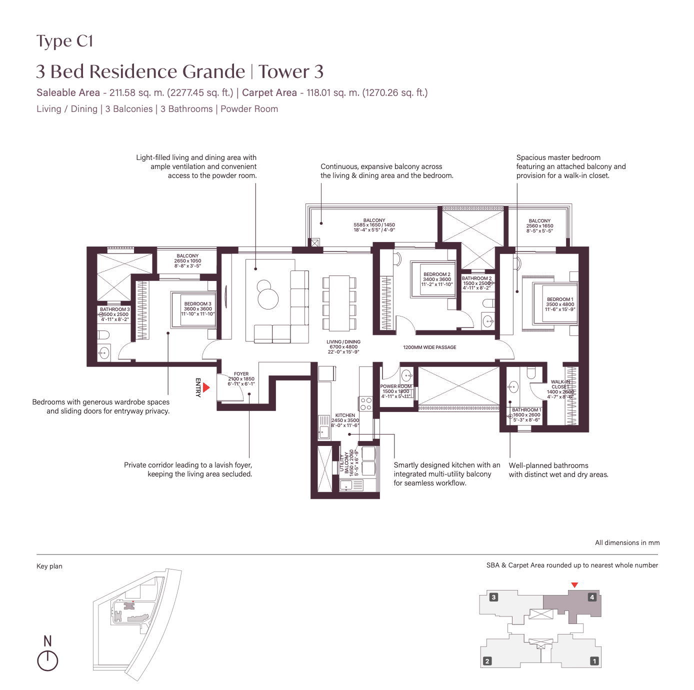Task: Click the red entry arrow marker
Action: tap(206, 387)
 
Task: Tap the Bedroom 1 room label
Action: tap(560, 304)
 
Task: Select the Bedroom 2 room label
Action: tap(436, 279)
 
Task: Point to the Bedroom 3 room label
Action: tap(197, 308)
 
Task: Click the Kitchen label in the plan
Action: tap(345, 420)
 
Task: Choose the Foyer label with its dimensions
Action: tap(241, 378)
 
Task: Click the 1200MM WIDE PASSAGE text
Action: tap(429, 347)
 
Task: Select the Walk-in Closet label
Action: tap(560, 389)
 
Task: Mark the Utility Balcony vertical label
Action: tap(348, 462)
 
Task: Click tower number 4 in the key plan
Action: tap(592, 597)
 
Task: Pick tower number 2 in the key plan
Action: tap(487, 661)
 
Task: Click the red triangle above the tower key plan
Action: tap(574, 585)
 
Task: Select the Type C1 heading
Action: tap(65, 41)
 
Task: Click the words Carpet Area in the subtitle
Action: tap(269, 92)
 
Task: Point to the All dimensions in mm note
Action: tap(627, 542)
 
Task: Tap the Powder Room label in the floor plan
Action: tap(395, 391)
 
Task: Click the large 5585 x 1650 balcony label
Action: tap(374, 225)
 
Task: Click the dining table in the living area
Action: tap(339, 303)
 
